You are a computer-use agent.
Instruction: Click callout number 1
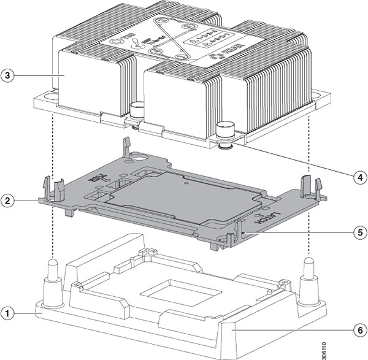click(8, 313)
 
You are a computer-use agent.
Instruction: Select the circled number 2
click(8, 200)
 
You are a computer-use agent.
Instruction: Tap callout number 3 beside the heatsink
click(8, 75)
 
